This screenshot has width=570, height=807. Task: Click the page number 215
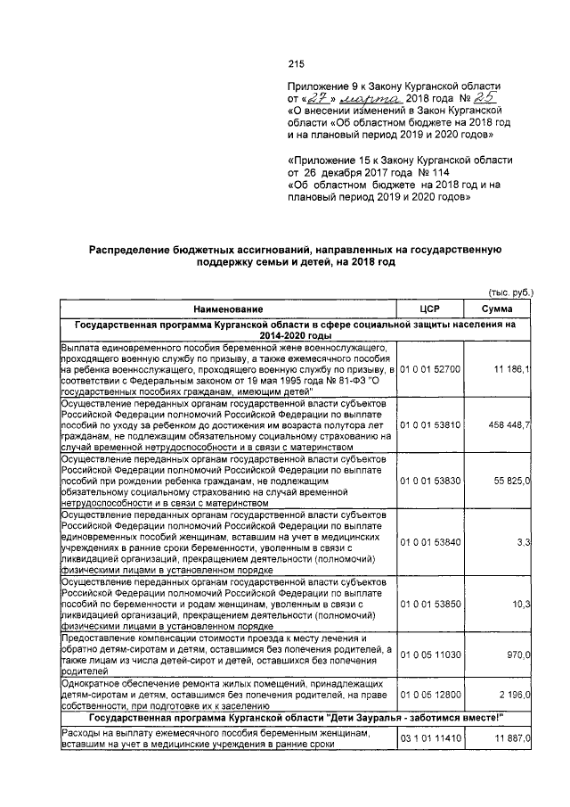(297, 63)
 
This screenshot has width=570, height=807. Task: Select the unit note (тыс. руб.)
(510, 292)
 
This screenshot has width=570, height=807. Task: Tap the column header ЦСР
(430, 308)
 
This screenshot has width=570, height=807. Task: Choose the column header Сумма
(496, 308)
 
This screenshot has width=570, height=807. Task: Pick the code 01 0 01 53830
(431, 481)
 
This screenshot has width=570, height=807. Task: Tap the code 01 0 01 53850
(431, 605)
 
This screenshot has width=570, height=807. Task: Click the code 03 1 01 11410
(431, 738)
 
